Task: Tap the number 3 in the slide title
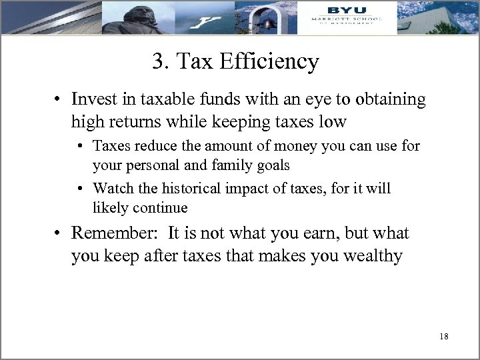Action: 158,63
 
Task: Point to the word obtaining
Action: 389,99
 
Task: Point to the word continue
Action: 159,207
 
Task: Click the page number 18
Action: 444,337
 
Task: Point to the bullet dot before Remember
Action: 59,234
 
